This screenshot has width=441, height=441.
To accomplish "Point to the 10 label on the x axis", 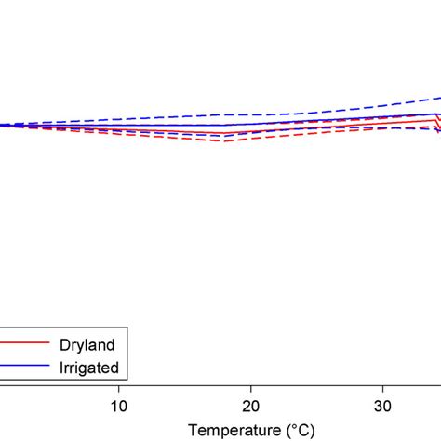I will (x=118, y=405).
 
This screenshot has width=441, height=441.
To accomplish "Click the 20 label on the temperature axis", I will (x=250, y=405).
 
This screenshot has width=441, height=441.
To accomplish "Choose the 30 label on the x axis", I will (x=382, y=405).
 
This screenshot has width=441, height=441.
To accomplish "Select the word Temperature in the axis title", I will (x=230, y=431).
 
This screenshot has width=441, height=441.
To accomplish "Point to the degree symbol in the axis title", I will (x=291, y=427).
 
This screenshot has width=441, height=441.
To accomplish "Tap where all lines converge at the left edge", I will (x=3, y=126).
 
